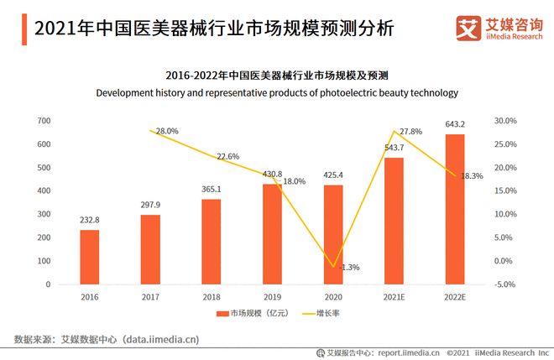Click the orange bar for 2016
[x=90, y=257]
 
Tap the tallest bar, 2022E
[x=454, y=209]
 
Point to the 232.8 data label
[x=90, y=220]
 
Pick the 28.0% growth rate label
[x=167, y=131]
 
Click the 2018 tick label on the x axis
[x=211, y=296]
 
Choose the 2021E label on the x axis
[x=394, y=296]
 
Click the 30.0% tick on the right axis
[x=506, y=121]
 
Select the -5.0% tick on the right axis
[x=506, y=284]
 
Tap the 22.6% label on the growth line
[x=228, y=157]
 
